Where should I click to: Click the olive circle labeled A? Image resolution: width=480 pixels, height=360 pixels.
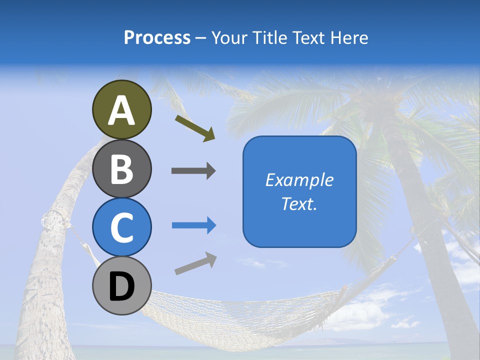coord(121,109)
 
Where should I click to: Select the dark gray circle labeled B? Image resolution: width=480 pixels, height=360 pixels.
coord(121,168)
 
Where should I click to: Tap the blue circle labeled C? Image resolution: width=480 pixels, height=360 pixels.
coord(121,227)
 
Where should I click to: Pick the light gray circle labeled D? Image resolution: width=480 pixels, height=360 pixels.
coord(121,285)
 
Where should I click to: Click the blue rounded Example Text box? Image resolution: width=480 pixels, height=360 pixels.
coord(299,191)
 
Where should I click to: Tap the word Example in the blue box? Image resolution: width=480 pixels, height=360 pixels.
coord(299,180)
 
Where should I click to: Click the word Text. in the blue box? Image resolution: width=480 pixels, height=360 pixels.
coord(299,204)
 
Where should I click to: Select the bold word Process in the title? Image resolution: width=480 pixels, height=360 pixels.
coord(157,37)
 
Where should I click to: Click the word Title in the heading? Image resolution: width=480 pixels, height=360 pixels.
coord(268,37)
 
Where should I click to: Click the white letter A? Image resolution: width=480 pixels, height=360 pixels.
coord(121,110)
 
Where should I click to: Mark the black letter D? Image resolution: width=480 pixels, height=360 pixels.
coord(121,286)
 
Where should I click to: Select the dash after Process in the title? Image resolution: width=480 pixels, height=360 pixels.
coord(201,38)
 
